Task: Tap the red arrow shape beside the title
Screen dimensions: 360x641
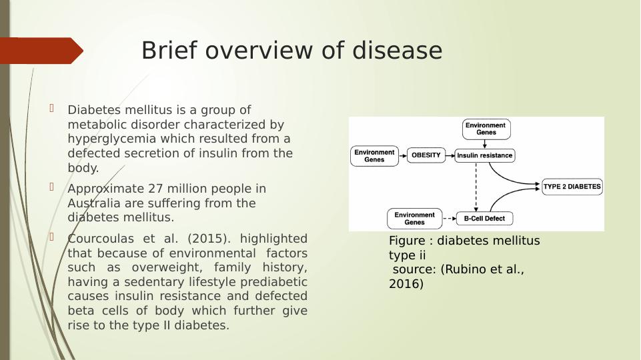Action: (x=41, y=51)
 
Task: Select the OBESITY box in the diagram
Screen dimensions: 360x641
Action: (x=426, y=155)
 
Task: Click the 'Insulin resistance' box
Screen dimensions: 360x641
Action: (x=485, y=156)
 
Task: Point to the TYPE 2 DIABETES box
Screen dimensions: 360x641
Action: (x=572, y=187)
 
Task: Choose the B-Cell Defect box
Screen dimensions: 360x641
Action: (x=484, y=218)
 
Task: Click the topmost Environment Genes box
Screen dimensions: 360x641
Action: (x=486, y=129)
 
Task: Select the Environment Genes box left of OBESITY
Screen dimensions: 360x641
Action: (x=374, y=156)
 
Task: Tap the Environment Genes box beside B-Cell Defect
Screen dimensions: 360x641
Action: (x=414, y=218)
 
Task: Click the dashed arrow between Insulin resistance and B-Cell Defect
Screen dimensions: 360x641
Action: (x=476, y=187)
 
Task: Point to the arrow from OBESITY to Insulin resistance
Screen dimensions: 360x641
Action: (x=450, y=156)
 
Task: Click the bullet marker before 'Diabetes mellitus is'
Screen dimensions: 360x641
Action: (x=51, y=107)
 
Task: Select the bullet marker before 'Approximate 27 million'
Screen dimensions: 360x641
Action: (x=51, y=186)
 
